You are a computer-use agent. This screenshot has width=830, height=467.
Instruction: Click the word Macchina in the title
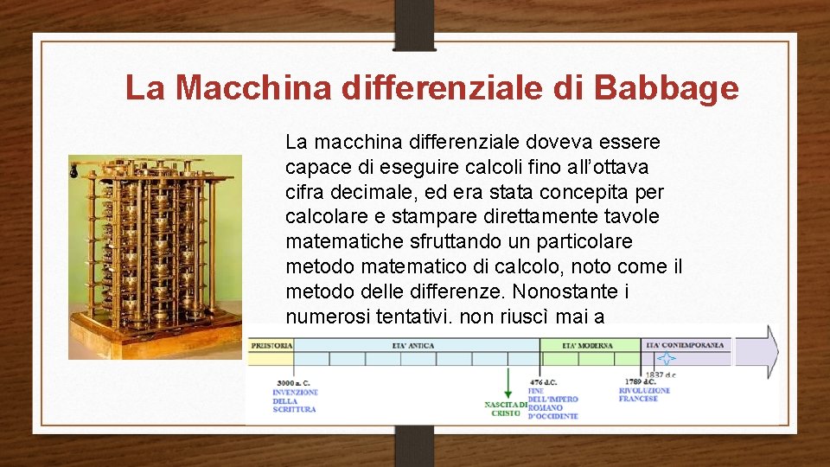click(x=257, y=88)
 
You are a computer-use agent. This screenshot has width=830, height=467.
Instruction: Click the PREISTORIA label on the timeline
click(x=271, y=345)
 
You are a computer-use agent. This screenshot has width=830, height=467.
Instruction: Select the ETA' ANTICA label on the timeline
click(x=412, y=345)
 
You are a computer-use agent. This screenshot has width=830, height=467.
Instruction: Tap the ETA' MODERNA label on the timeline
click(x=587, y=345)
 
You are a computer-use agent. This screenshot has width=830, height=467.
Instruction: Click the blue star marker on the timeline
click(x=666, y=358)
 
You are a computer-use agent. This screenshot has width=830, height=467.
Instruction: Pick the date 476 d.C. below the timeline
click(x=543, y=382)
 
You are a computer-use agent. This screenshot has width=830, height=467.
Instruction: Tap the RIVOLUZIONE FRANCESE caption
click(x=644, y=394)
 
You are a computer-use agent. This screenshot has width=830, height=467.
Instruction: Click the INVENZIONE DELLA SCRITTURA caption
click(x=295, y=400)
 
